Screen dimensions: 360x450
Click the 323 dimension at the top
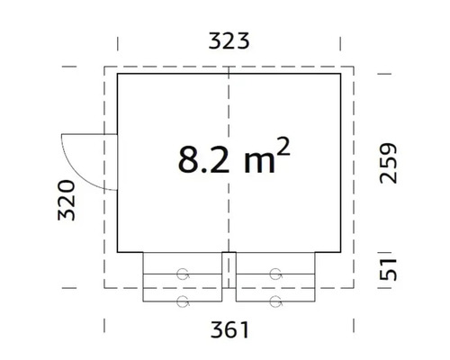click(228, 40)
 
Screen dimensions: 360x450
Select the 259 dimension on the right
click(388, 163)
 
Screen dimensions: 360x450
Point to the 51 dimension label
click(388, 268)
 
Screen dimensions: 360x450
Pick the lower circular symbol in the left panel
click(184, 300)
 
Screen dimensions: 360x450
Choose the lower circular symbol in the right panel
click(274, 300)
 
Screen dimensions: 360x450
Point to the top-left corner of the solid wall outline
click(118, 75)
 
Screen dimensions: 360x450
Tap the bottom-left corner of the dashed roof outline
click(104, 287)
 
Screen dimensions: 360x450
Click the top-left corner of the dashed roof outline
click(104, 66)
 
